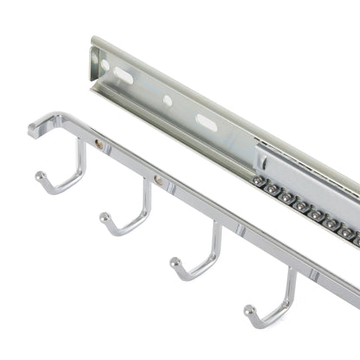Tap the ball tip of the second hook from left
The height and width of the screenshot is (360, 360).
click(x=106, y=215)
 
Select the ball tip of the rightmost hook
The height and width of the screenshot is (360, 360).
click(x=249, y=309)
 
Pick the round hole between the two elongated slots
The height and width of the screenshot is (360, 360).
click(x=167, y=100)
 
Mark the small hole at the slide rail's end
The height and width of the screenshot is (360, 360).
click(x=105, y=65)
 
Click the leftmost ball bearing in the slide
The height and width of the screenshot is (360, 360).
click(x=259, y=181)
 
